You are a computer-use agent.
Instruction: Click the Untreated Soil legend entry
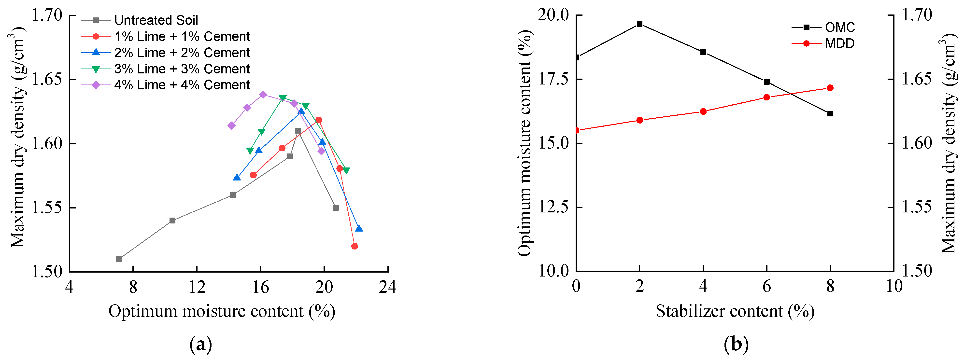156,20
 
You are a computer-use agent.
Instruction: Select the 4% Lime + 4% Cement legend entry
182,85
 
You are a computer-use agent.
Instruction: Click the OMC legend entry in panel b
840,27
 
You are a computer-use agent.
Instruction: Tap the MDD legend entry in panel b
839,43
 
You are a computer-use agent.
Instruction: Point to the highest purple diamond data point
263,95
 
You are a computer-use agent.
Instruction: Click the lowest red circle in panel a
354,246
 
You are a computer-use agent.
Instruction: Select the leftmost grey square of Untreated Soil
119,259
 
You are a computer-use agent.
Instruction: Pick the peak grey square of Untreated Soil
298,131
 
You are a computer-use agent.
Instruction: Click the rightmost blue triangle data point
359,229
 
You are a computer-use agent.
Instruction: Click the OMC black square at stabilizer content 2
639,24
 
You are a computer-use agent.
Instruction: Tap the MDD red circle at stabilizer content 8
830,88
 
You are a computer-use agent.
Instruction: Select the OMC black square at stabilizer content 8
830,113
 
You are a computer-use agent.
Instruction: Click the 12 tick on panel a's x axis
197,287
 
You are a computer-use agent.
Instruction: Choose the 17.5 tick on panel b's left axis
553,79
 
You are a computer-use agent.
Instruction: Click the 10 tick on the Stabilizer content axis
894,287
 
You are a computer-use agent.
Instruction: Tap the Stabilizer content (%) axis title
735,311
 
